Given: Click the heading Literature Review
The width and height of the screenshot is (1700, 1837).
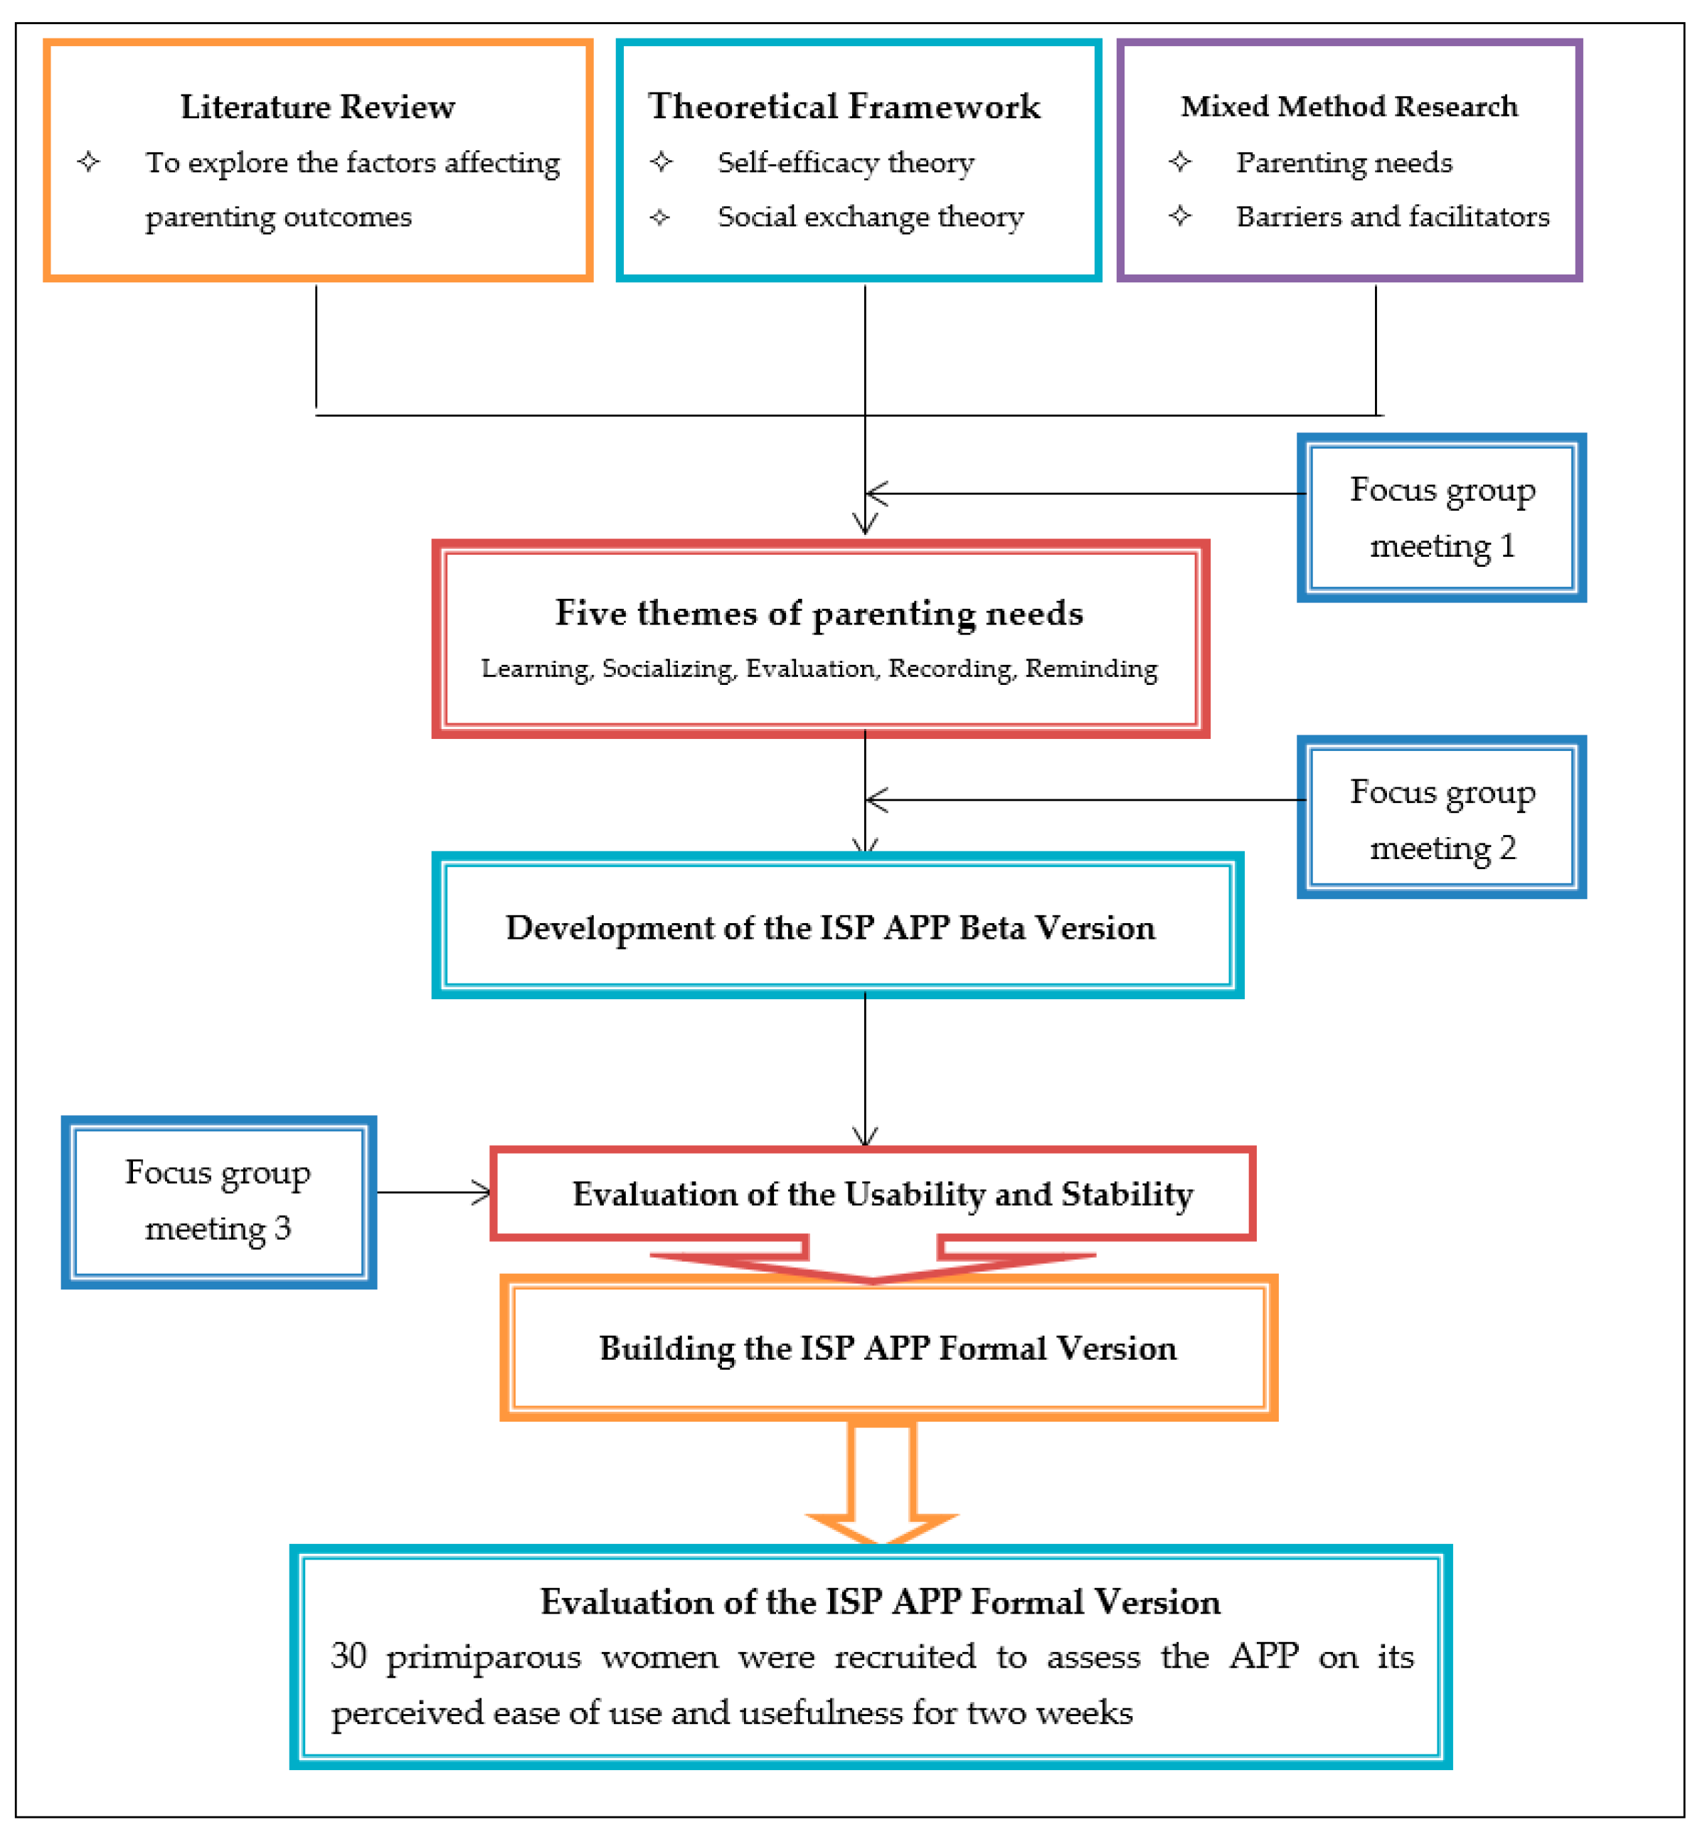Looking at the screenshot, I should [x=317, y=107].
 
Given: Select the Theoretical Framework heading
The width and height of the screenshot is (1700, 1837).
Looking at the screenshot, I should [x=844, y=107].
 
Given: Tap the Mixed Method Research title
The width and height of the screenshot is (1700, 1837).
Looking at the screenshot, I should [x=1349, y=107].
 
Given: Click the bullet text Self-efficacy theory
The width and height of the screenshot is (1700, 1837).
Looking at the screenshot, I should [x=846, y=163].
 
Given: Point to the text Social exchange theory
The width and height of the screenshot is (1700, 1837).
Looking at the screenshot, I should [x=870, y=217].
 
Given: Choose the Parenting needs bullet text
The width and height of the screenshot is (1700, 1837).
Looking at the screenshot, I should [x=1344, y=163].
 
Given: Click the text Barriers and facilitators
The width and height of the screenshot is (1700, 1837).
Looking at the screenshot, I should [x=1393, y=217].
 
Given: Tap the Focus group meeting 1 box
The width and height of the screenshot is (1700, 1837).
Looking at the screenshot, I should [x=1442, y=518].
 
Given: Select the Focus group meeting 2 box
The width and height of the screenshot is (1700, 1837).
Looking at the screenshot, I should [x=1442, y=819].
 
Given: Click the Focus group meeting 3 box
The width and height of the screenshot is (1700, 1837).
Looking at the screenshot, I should [x=218, y=1200].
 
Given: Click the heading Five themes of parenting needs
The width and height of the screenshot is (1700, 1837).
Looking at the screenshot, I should [x=819, y=612].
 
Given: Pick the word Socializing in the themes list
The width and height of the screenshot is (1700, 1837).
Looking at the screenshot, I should [x=668, y=669].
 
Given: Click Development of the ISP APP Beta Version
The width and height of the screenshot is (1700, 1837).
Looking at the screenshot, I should [x=831, y=927].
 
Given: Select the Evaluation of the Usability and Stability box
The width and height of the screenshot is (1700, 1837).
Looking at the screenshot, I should [x=882, y=1194].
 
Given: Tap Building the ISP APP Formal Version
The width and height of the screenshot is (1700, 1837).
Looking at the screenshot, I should [x=888, y=1348].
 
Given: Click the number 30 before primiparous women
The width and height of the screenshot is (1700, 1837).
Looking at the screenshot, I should [x=349, y=1656].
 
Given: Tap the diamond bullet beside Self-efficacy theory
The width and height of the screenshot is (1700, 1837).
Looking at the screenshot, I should [x=661, y=163].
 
